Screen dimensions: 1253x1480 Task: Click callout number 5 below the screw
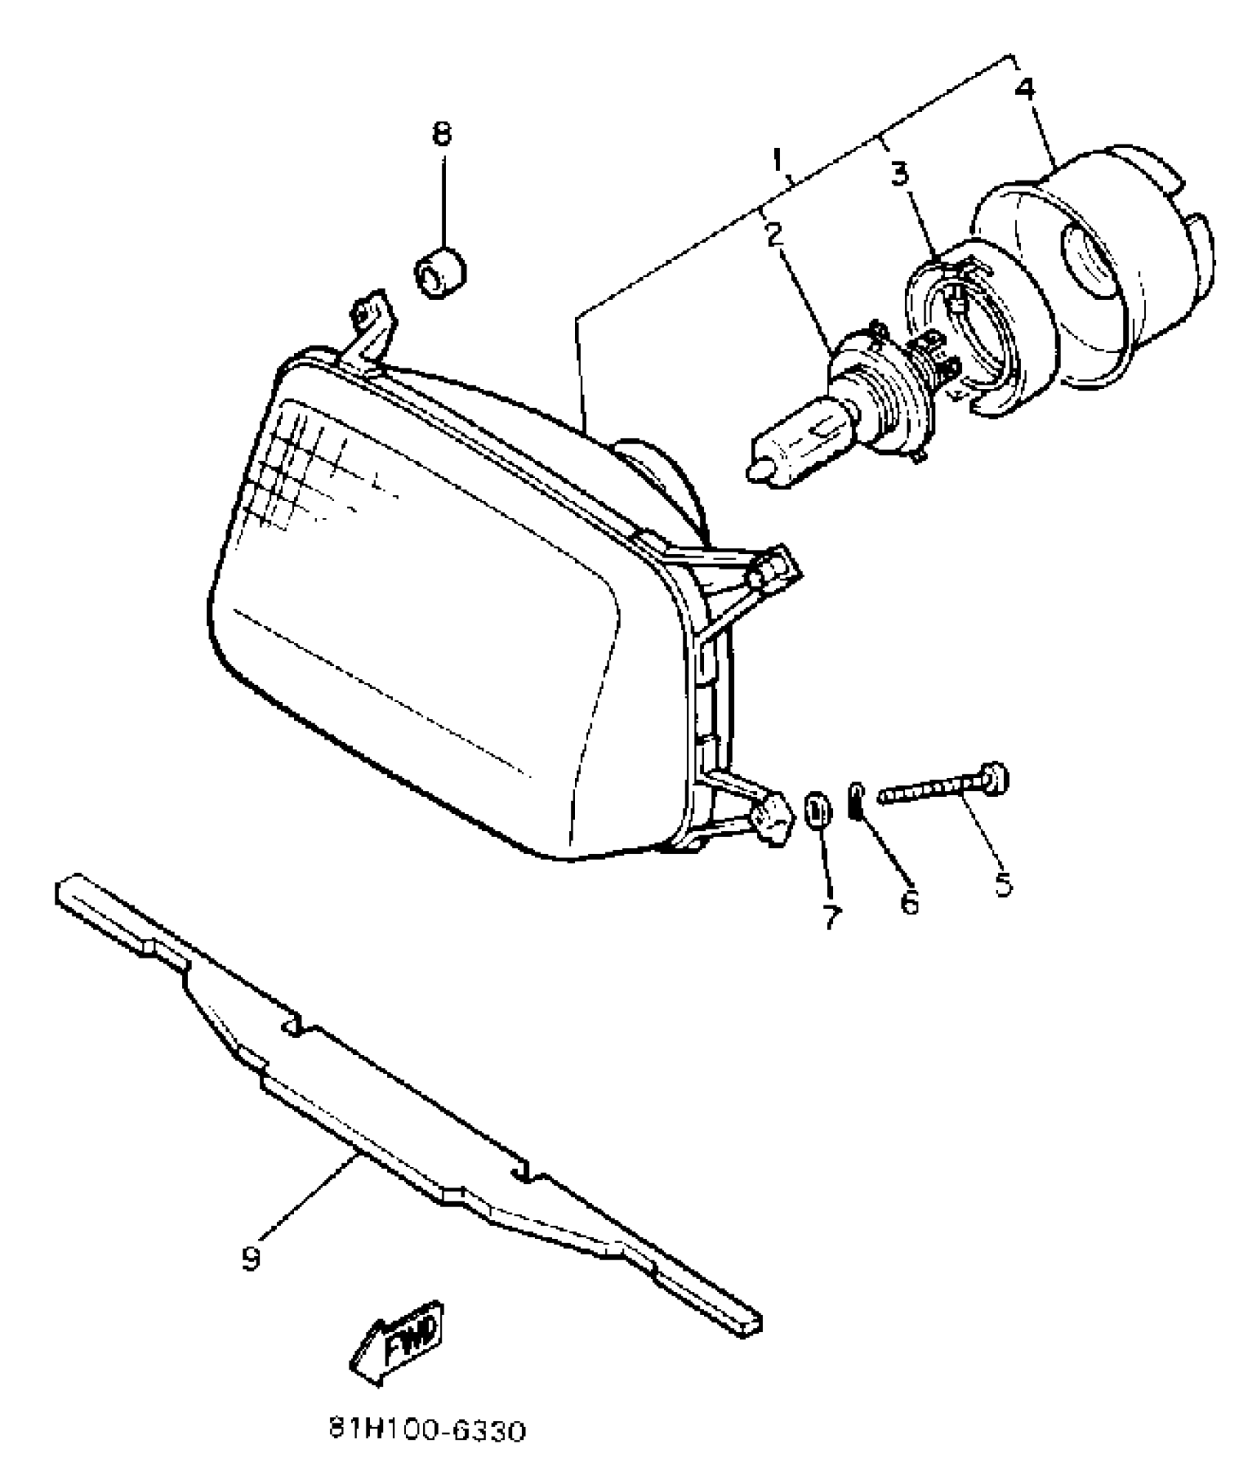click(x=1002, y=883)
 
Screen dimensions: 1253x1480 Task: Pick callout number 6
click(x=910, y=900)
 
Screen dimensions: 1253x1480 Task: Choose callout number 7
click(x=831, y=916)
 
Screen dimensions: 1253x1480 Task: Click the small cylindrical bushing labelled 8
click(x=440, y=273)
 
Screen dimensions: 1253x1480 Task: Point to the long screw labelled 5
click(x=943, y=788)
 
